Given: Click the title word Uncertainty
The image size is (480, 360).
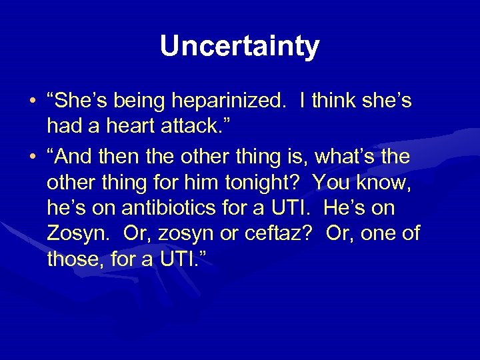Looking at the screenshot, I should tap(239, 46).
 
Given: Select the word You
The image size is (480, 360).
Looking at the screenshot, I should tap(331, 182).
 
